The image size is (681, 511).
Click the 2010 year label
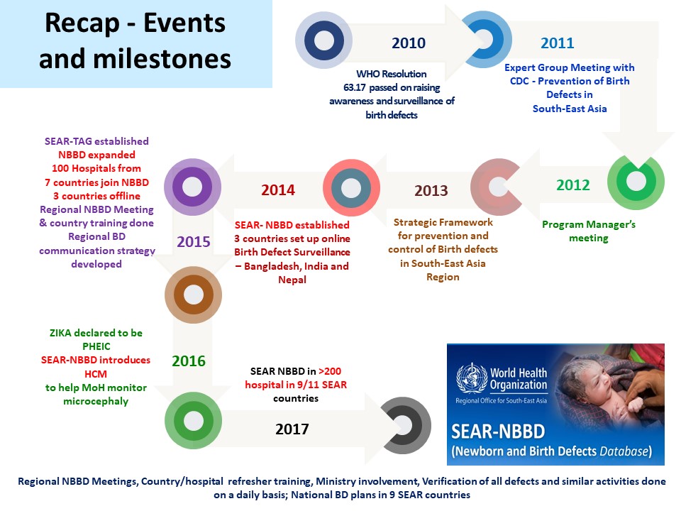(x=409, y=43)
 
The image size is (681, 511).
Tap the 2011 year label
(x=558, y=43)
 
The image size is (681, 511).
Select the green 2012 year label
(x=573, y=185)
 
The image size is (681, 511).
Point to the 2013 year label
(x=431, y=190)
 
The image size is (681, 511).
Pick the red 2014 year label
(x=278, y=190)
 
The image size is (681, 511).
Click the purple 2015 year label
(x=193, y=241)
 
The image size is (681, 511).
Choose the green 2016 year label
(x=189, y=361)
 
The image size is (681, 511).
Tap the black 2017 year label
(x=292, y=429)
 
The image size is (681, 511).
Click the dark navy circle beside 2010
(x=323, y=40)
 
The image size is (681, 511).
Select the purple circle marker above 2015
(x=192, y=187)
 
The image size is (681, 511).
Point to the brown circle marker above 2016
(x=193, y=295)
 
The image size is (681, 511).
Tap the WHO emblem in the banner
(x=472, y=378)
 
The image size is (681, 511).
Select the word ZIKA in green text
(x=60, y=334)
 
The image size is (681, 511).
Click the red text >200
(x=330, y=371)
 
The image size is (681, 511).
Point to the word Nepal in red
(x=292, y=280)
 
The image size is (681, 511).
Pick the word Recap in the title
(x=82, y=24)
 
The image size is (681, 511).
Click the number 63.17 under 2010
(x=355, y=88)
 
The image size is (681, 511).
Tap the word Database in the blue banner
(x=624, y=451)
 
